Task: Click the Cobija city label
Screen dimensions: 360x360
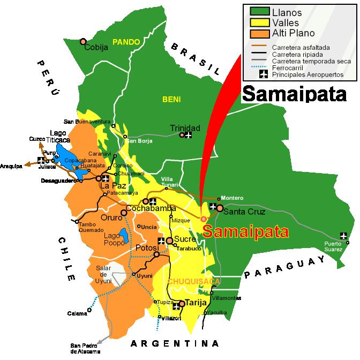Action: pos(96,47)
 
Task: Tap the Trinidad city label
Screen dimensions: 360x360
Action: pos(185,128)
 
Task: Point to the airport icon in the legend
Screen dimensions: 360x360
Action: pos(262,74)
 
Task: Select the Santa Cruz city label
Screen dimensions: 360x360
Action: pos(241,212)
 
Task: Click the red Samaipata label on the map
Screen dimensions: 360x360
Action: pos(246,231)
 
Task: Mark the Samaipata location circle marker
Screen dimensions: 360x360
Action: pos(203,219)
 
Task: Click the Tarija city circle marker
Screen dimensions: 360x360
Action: pos(182,304)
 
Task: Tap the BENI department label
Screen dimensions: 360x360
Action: pos(172,99)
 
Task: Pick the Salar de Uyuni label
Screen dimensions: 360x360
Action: pos(103,274)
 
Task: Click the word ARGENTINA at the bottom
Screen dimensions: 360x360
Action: pos(175,343)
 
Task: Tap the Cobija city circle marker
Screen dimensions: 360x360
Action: pos(83,41)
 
